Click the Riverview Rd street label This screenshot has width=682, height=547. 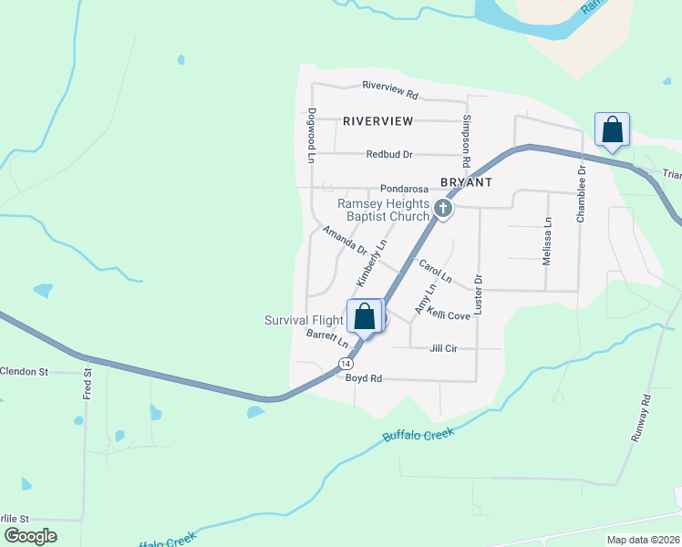(x=389, y=93)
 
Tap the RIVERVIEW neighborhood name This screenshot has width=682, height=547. (x=378, y=120)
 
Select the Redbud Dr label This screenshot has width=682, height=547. (x=389, y=155)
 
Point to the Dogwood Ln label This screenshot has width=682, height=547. (x=312, y=136)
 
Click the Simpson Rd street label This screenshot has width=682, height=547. (x=467, y=140)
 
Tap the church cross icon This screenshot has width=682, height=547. (x=443, y=210)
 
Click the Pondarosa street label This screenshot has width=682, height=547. (x=404, y=188)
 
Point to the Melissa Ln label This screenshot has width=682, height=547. (x=547, y=241)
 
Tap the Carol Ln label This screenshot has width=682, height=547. (x=435, y=269)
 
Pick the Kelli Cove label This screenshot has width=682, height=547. (x=449, y=315)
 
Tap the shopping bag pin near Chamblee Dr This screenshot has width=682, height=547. (x=612, y=130)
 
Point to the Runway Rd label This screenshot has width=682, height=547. (x=643, y=418)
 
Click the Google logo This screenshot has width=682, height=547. (x=30, y=535)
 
